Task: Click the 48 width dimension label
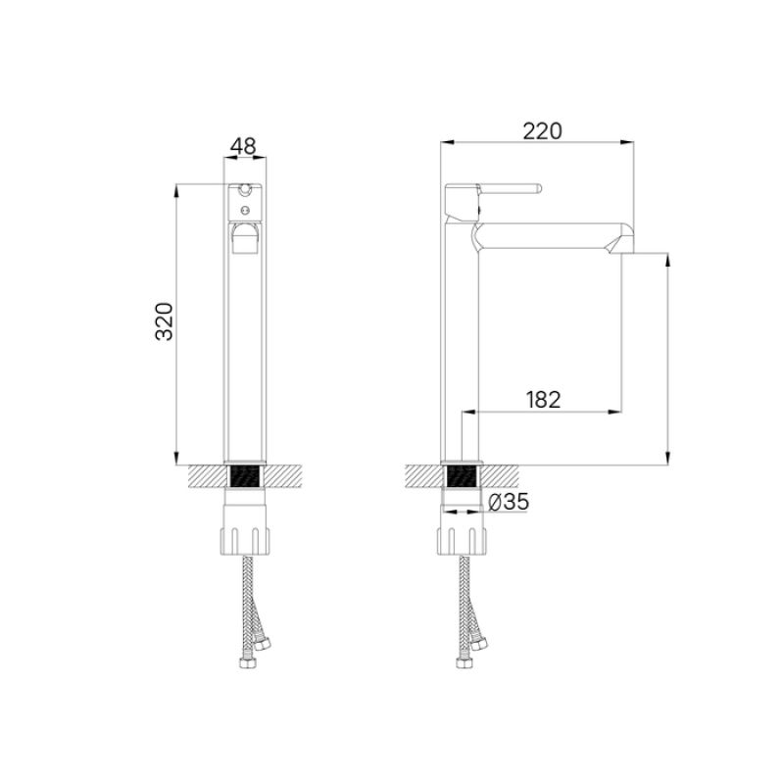[x=243, y=146]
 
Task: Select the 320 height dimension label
[x=166, y=321]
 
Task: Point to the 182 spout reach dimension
[x=543, y=399]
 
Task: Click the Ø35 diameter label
[x=508, y=502]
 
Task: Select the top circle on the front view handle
[x=243, y=189]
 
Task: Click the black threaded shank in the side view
[x=461, y=477]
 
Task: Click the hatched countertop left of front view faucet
[x=205, y=477]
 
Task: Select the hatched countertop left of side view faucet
[x=422, y=477]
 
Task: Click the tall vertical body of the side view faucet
[x=461, y=333]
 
